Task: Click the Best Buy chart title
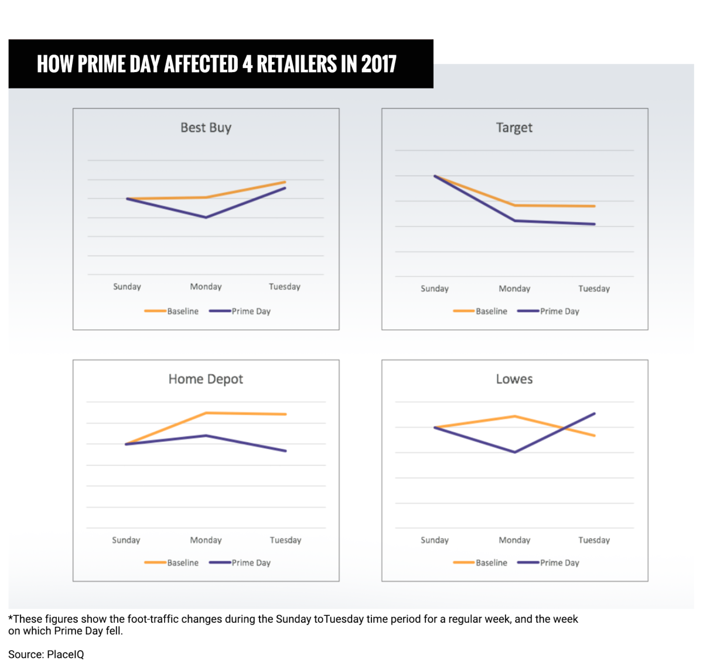point(206,128)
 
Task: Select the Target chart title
point(514,128)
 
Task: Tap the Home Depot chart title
point(206,379)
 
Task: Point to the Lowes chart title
point(514,379)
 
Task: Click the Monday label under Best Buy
point(206,286)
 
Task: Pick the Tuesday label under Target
point(593,288)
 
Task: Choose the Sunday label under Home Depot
point(126,540)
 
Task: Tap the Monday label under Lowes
point(514,540)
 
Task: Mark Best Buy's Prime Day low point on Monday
point(206,217)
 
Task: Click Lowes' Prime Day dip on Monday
point(514,452)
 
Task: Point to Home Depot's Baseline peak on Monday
point(206,413)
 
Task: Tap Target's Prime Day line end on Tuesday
point(594,224)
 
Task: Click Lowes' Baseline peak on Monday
point(514,417)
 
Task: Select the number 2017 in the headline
point(378,64)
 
